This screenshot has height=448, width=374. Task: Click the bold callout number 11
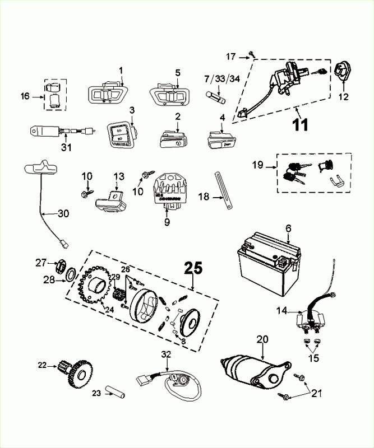[x=301, y=124]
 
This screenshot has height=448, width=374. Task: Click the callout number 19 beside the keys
[x=257, y=166]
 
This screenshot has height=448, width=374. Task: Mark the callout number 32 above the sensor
[x=165, y=354]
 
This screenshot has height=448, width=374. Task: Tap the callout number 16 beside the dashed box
[x=25, y=96]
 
